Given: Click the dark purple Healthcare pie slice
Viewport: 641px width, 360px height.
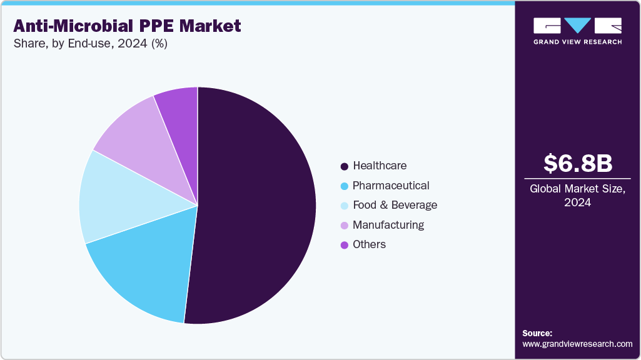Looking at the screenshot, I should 256,206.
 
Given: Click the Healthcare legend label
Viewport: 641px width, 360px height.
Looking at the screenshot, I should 379,166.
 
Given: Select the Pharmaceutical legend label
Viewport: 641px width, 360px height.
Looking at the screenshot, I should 390,186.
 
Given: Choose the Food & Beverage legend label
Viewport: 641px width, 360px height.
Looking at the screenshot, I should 395,205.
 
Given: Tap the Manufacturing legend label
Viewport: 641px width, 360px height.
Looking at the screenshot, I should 388,224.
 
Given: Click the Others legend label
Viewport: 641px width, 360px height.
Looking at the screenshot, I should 369,244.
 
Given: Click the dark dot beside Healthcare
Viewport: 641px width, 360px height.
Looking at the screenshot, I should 344,166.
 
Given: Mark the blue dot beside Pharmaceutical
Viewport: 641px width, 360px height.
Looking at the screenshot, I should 344,186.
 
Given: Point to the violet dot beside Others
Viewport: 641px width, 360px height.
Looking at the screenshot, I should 344,245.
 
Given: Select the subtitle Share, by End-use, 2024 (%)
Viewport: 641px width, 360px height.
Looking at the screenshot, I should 90,44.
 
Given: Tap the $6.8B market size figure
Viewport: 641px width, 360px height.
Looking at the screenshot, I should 577,163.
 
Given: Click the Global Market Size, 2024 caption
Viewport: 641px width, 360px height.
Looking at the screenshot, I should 577,196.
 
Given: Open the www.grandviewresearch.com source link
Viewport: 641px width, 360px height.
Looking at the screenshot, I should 577,344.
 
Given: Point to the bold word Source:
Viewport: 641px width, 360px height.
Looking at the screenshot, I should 537,333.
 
